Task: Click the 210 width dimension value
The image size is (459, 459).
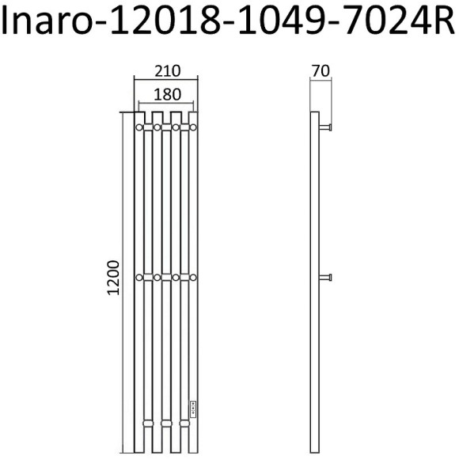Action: pos(166,71)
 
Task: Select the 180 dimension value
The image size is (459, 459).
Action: pos(167,94)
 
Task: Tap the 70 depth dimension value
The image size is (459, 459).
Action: pos(320,71)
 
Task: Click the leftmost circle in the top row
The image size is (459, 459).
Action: pos(139,127)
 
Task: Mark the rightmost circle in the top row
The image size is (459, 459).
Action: pos(193,127)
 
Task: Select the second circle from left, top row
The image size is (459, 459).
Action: pos(157,127)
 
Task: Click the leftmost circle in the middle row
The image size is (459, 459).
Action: pos(139,277)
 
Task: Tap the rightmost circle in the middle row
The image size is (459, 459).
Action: pos(193,277)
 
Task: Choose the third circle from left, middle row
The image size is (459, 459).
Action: pos(176,277)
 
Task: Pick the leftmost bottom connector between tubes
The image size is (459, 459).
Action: pos(148,424)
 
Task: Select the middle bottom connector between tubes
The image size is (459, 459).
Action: pos(166,424)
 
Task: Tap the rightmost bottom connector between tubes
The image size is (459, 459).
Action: pos(184,424)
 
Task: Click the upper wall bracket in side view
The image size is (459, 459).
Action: pos(326,126)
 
